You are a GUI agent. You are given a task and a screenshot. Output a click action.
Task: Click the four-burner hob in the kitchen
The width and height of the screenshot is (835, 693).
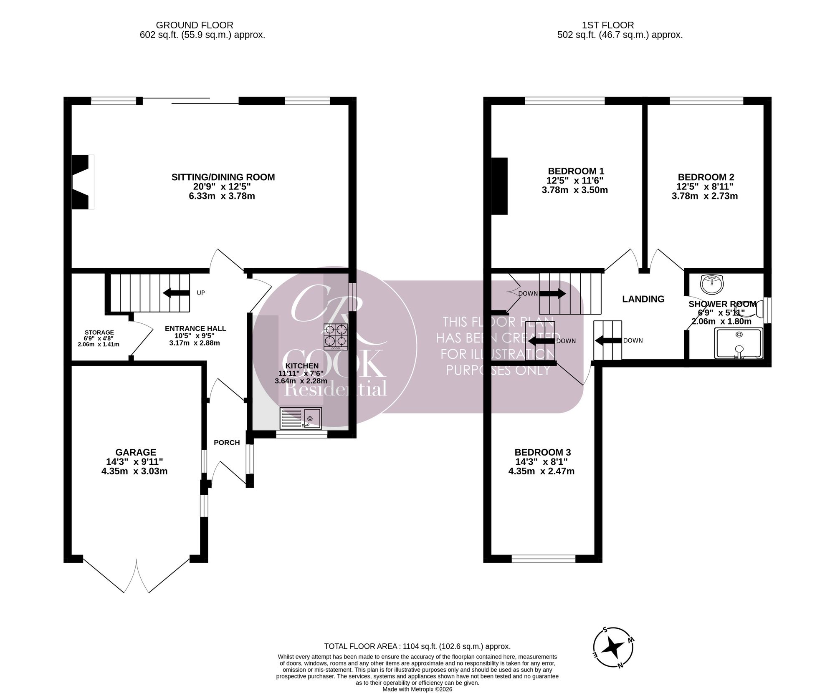pos(336,337)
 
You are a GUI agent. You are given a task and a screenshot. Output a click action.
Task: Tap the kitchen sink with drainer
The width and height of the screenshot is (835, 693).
pos(301,418)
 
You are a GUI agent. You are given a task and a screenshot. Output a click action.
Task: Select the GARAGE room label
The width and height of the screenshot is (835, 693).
pos(136,452)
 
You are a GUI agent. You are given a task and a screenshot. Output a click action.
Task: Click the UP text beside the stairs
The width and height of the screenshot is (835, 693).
pos(201,293)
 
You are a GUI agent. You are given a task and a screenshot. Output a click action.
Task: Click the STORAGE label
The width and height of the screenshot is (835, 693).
pos(99,333)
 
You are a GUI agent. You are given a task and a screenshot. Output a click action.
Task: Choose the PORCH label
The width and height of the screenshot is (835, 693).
pos(227,443)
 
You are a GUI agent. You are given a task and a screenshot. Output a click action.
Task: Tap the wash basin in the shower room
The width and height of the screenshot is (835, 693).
pos(712,284)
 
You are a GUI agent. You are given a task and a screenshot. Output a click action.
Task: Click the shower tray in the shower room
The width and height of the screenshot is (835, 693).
pos(739,343)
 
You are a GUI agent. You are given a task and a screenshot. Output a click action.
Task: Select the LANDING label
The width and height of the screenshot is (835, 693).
pos(643,299)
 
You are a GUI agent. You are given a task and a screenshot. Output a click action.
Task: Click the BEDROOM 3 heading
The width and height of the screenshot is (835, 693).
pos(543,452)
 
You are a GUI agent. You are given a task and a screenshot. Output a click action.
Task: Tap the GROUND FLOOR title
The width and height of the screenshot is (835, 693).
pos(195,25)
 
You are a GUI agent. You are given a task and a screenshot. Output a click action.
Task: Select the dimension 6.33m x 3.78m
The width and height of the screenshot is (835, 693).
pos(222,196)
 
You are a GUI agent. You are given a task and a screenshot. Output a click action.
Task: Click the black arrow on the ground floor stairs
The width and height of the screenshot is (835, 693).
pos(176,293)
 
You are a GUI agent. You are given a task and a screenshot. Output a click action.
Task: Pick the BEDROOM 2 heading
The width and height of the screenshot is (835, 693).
pos(706,177)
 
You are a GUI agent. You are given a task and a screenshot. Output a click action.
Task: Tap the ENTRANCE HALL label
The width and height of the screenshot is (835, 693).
pos(195,328)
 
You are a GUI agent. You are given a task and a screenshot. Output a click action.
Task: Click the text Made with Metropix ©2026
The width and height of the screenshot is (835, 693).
pos(417,689)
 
